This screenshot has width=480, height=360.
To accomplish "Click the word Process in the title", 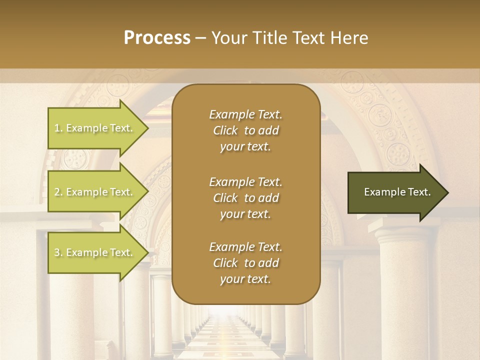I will tap(157, 38).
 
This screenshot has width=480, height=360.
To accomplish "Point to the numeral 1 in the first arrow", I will tap(57, 128).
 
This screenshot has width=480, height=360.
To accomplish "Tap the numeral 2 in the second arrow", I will tap(57, 192).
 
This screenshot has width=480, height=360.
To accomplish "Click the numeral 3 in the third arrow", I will tap(57, 252).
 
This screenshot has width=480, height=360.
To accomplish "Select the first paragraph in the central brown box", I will tap(245, 130).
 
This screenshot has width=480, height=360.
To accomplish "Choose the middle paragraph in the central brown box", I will tap(245, 197).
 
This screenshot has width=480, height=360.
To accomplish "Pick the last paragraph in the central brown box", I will tap(245, 263).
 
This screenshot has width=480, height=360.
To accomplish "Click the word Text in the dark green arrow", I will tap(418, 192).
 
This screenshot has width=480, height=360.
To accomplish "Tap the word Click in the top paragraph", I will tap(225, 130).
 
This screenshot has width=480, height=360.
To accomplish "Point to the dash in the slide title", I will tap(201, 38).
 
